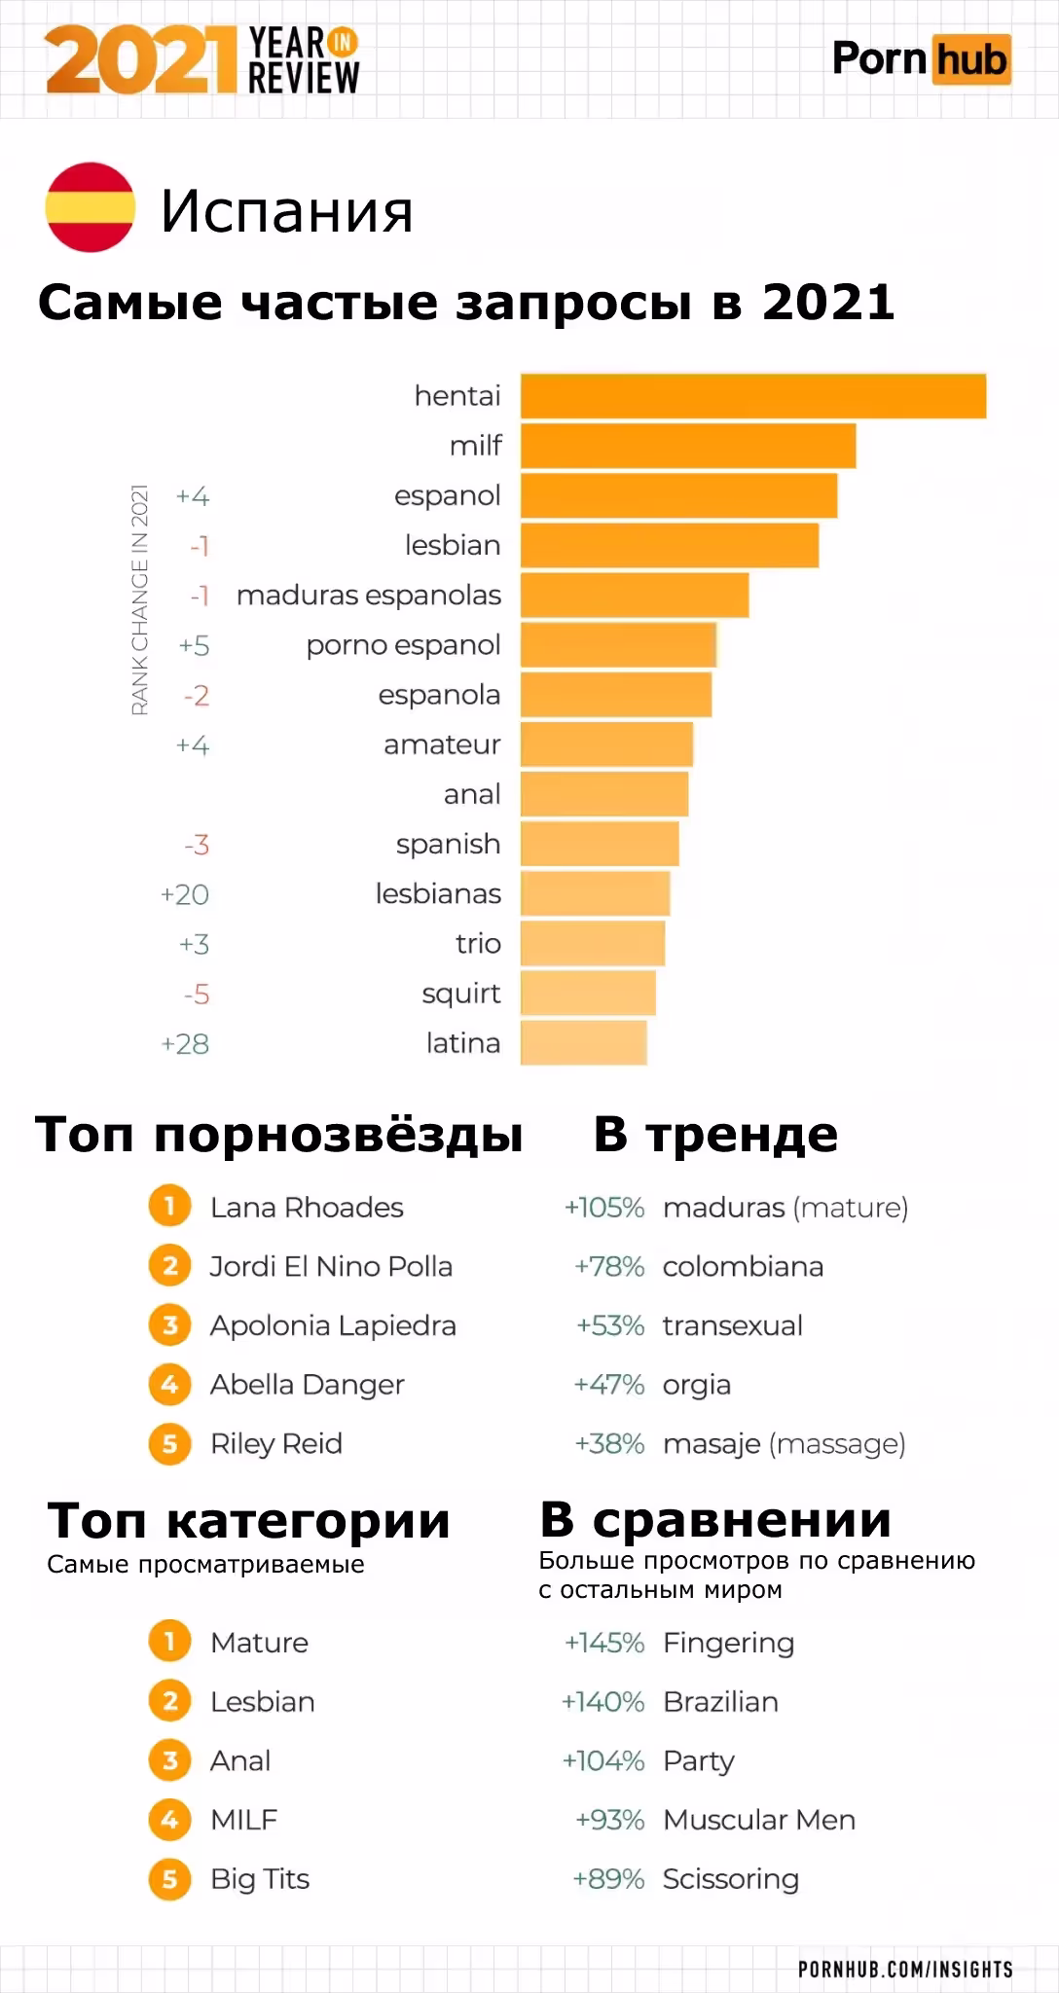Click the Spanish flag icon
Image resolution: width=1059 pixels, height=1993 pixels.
pos(90,207)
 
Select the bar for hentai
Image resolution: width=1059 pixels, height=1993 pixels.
pos(752,396)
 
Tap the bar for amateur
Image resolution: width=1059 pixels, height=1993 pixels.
pos(606,744)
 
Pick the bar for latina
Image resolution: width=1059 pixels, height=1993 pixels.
pos(583,1043)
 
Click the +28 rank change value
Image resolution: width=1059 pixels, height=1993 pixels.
pos(185,1044)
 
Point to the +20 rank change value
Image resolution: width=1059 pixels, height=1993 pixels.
pos(185,894)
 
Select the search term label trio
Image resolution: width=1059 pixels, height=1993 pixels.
pos(478,944)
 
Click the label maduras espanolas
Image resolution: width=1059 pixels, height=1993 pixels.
pos(368,596)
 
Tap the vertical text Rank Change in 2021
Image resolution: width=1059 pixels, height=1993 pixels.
pos(140,599)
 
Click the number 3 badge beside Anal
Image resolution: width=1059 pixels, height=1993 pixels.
pos(169,1760)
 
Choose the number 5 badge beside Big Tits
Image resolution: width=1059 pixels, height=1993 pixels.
pos(169,1878)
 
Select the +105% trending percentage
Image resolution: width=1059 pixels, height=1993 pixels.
pos(604,1208)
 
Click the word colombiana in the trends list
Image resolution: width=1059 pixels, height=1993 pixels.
pos(743,1267)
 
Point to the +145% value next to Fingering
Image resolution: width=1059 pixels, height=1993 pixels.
pos(604,1643)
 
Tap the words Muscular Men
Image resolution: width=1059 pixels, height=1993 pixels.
pos(759,1820)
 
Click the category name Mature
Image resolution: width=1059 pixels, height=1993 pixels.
pos(259,1643)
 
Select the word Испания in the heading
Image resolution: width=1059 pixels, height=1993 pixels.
pos(287,210)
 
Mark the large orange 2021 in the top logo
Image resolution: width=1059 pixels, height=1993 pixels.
pos(141,60)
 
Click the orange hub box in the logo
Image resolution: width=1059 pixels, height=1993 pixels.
pos(969,60)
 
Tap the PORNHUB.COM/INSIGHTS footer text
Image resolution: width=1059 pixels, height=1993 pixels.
pos(905,1969)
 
